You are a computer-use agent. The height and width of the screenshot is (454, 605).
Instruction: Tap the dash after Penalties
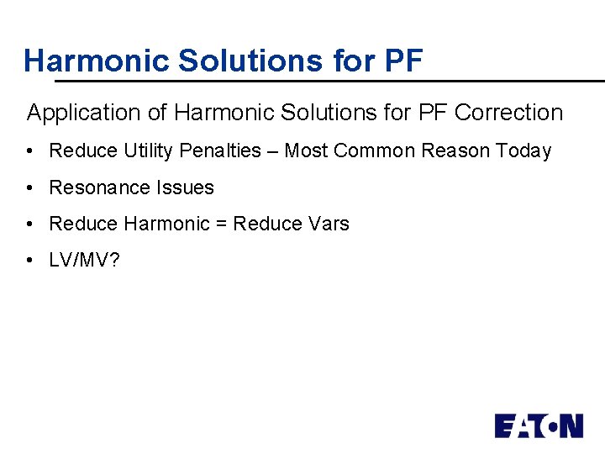point(273,151)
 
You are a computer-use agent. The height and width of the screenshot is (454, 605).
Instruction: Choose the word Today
point(523,151)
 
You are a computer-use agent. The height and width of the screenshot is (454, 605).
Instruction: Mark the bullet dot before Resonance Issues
point(29,188)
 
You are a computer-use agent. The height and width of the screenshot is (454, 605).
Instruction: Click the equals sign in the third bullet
point(221,224)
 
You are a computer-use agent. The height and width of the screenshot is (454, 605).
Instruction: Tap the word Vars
point(329,224)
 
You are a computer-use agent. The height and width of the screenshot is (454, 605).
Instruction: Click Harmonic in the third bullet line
point(166,224)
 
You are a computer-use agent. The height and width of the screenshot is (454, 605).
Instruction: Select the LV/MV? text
point(84,261)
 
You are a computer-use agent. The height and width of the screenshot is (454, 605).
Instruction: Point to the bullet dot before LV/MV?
point(29,261)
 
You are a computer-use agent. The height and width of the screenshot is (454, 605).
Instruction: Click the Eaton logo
point(539,425)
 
